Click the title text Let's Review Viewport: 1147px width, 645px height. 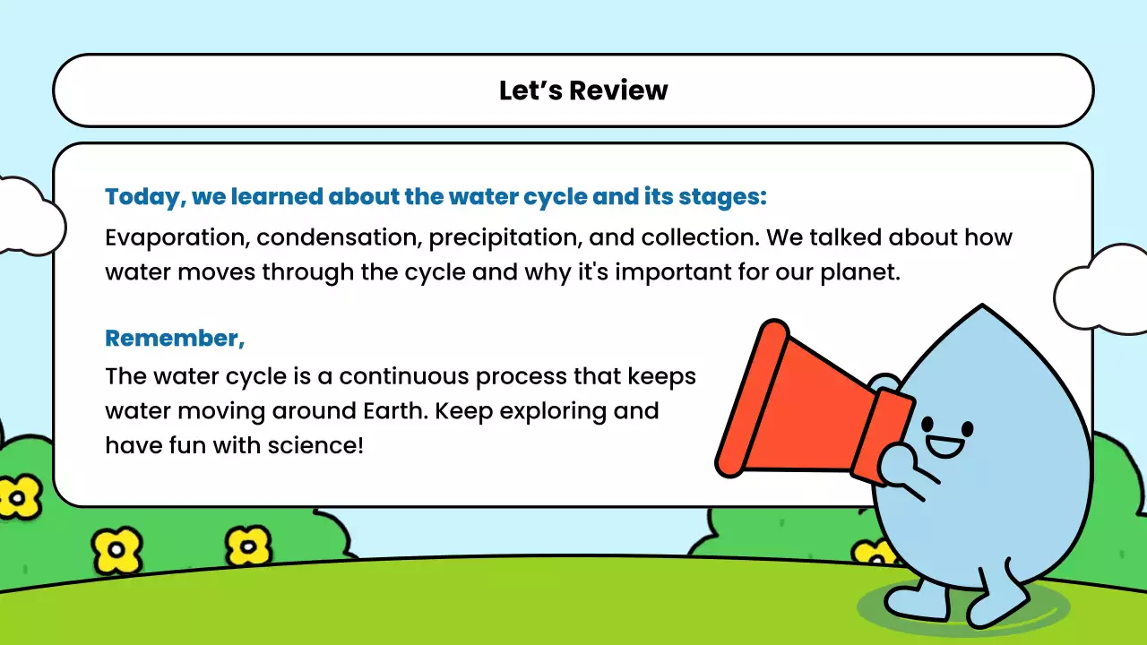point(583,90)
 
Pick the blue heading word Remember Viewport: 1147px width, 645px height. point(173,338)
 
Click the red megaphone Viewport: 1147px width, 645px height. point(798,403)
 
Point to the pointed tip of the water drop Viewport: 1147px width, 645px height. point(982,309)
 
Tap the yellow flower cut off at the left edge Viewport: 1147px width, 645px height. point(18,495)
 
